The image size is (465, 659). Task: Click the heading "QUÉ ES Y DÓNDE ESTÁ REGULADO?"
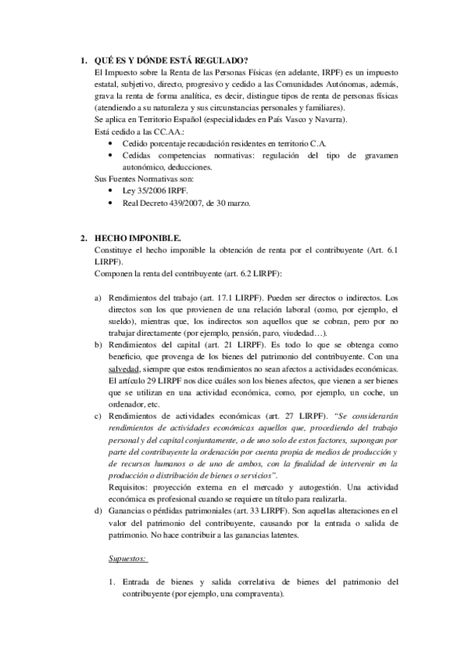(171, 61)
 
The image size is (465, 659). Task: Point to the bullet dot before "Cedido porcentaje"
(113, 143)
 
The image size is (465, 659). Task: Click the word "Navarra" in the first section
(329, 120)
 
